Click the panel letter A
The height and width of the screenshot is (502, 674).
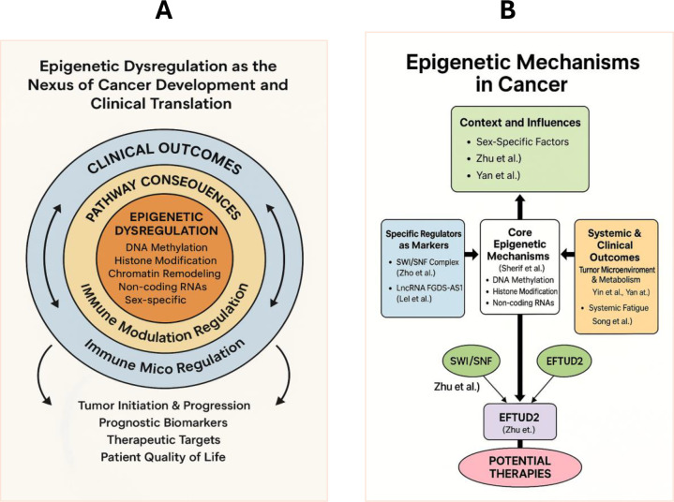[164, 10]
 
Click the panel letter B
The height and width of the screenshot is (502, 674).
[508, 10]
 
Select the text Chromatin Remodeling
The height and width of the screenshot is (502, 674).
[165, 273]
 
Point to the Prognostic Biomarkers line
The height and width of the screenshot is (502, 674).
[163, 423]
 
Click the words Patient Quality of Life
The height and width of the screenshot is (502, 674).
[163, 457]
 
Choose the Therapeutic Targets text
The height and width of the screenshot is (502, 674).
[164, 440]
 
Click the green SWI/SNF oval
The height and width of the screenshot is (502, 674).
[472, 362]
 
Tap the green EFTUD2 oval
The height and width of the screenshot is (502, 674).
[564, 362]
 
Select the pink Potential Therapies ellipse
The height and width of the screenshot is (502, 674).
[519, 467]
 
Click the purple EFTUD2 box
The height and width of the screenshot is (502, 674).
[519, 421]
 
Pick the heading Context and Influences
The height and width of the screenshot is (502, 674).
[520, 123]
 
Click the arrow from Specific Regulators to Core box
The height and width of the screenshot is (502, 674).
[472, 254]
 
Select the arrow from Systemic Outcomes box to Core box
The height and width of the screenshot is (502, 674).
[568, 254]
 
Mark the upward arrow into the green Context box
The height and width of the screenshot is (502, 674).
[519, 207]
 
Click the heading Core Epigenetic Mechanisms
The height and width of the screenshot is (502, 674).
[518, 244]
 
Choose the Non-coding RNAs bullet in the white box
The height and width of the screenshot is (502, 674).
[523, 303]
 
